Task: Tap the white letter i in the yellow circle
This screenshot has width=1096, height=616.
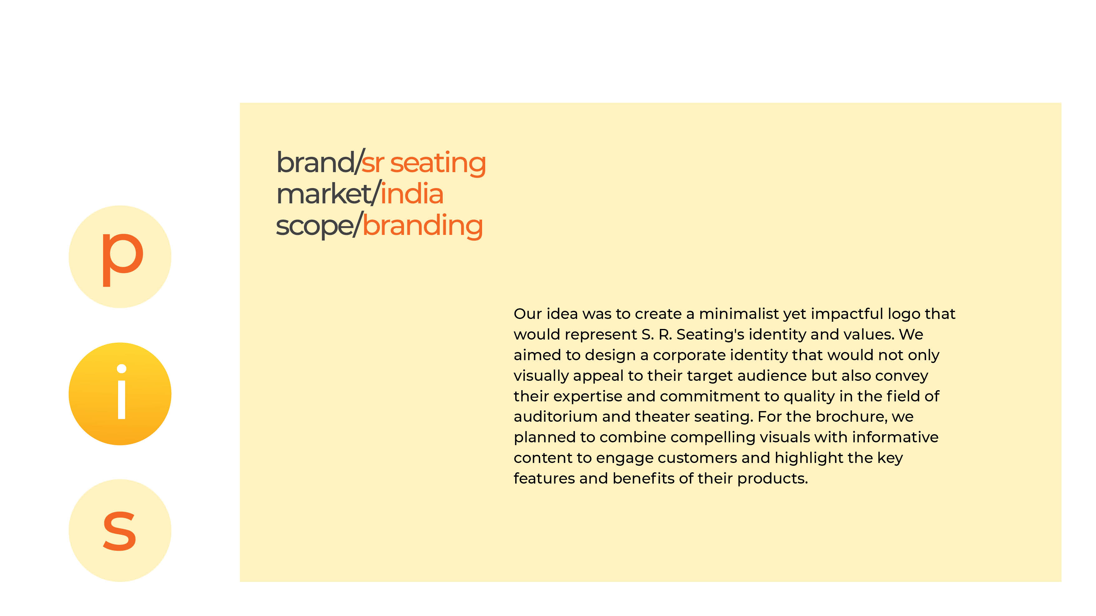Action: [122, 392]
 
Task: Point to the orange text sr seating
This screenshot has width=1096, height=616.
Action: [423, 163]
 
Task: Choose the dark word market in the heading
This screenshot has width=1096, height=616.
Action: [324, 194]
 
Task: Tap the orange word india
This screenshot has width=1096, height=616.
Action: [412, 194]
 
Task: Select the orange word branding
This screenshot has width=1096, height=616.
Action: [422, 226]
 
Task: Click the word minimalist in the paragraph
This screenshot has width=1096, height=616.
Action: [739, 314]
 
